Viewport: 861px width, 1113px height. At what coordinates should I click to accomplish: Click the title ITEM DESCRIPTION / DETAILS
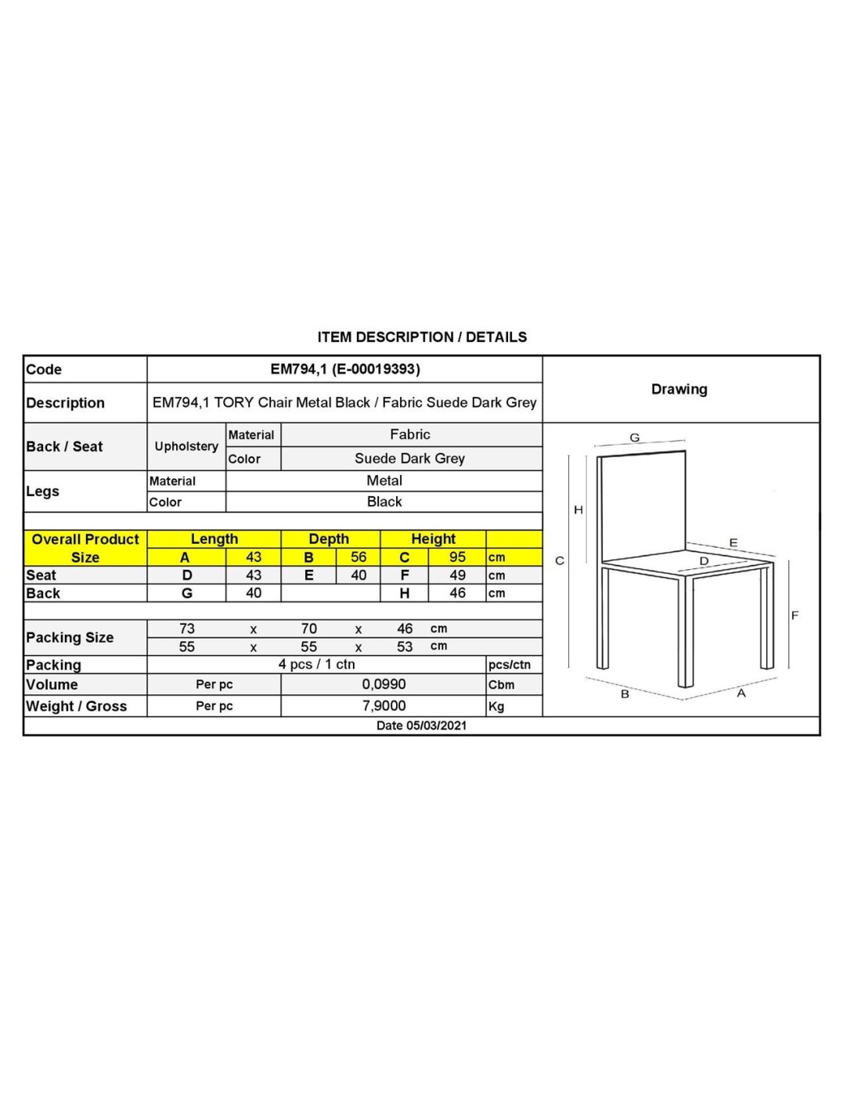[x=422, y=337]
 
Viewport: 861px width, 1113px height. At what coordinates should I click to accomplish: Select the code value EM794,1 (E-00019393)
[x=345, y=369]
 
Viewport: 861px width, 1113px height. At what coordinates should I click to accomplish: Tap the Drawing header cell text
[x=679, y=389]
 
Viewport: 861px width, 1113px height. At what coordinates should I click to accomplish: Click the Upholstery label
[x=186, y=446]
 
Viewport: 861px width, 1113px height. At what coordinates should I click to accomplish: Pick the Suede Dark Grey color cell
[x=409, y=459]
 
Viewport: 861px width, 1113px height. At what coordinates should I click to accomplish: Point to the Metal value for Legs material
[x=384, y=481]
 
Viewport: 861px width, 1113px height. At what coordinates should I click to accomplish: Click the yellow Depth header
[x=329, y=538]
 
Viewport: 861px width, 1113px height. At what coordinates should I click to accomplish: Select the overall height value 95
[x=457, y=557]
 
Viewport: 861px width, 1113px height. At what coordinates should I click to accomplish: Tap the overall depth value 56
[x=358, y=557]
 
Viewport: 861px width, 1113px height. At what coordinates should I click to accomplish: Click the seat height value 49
[x=457, y=575]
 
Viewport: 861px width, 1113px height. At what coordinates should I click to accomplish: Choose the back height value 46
[x=457, y=593]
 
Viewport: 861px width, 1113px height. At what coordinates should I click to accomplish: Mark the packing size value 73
[x=187, y=629]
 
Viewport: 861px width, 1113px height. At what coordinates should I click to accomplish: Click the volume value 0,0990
[x=384, y=684]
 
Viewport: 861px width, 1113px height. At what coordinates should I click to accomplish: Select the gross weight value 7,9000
[x=384, y=706]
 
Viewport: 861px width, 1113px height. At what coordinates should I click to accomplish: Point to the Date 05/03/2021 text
[x=421, y=726]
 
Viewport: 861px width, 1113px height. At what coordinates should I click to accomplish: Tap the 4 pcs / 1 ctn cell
[x=316, y=665]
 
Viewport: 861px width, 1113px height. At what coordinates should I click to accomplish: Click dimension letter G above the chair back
[x=635, y=438]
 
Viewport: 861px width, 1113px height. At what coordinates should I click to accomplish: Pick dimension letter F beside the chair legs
[x=794, y=616]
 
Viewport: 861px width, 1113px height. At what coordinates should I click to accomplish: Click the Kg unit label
[x=496, y=707]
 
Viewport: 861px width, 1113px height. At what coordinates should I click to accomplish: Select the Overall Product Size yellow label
[x=85, y=548]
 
